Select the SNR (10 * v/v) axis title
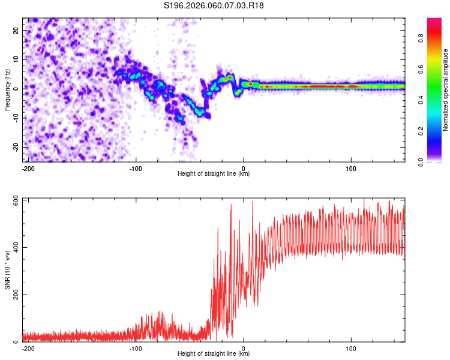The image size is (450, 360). point(7,269)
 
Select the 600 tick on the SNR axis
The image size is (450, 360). point(13,200)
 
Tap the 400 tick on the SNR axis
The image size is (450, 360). point(13,247)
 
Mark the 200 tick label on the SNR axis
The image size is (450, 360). point(13,295)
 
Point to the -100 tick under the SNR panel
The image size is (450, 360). point(136,347)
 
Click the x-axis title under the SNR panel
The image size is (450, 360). point(214,353)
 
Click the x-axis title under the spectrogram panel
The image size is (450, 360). point(214,173)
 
